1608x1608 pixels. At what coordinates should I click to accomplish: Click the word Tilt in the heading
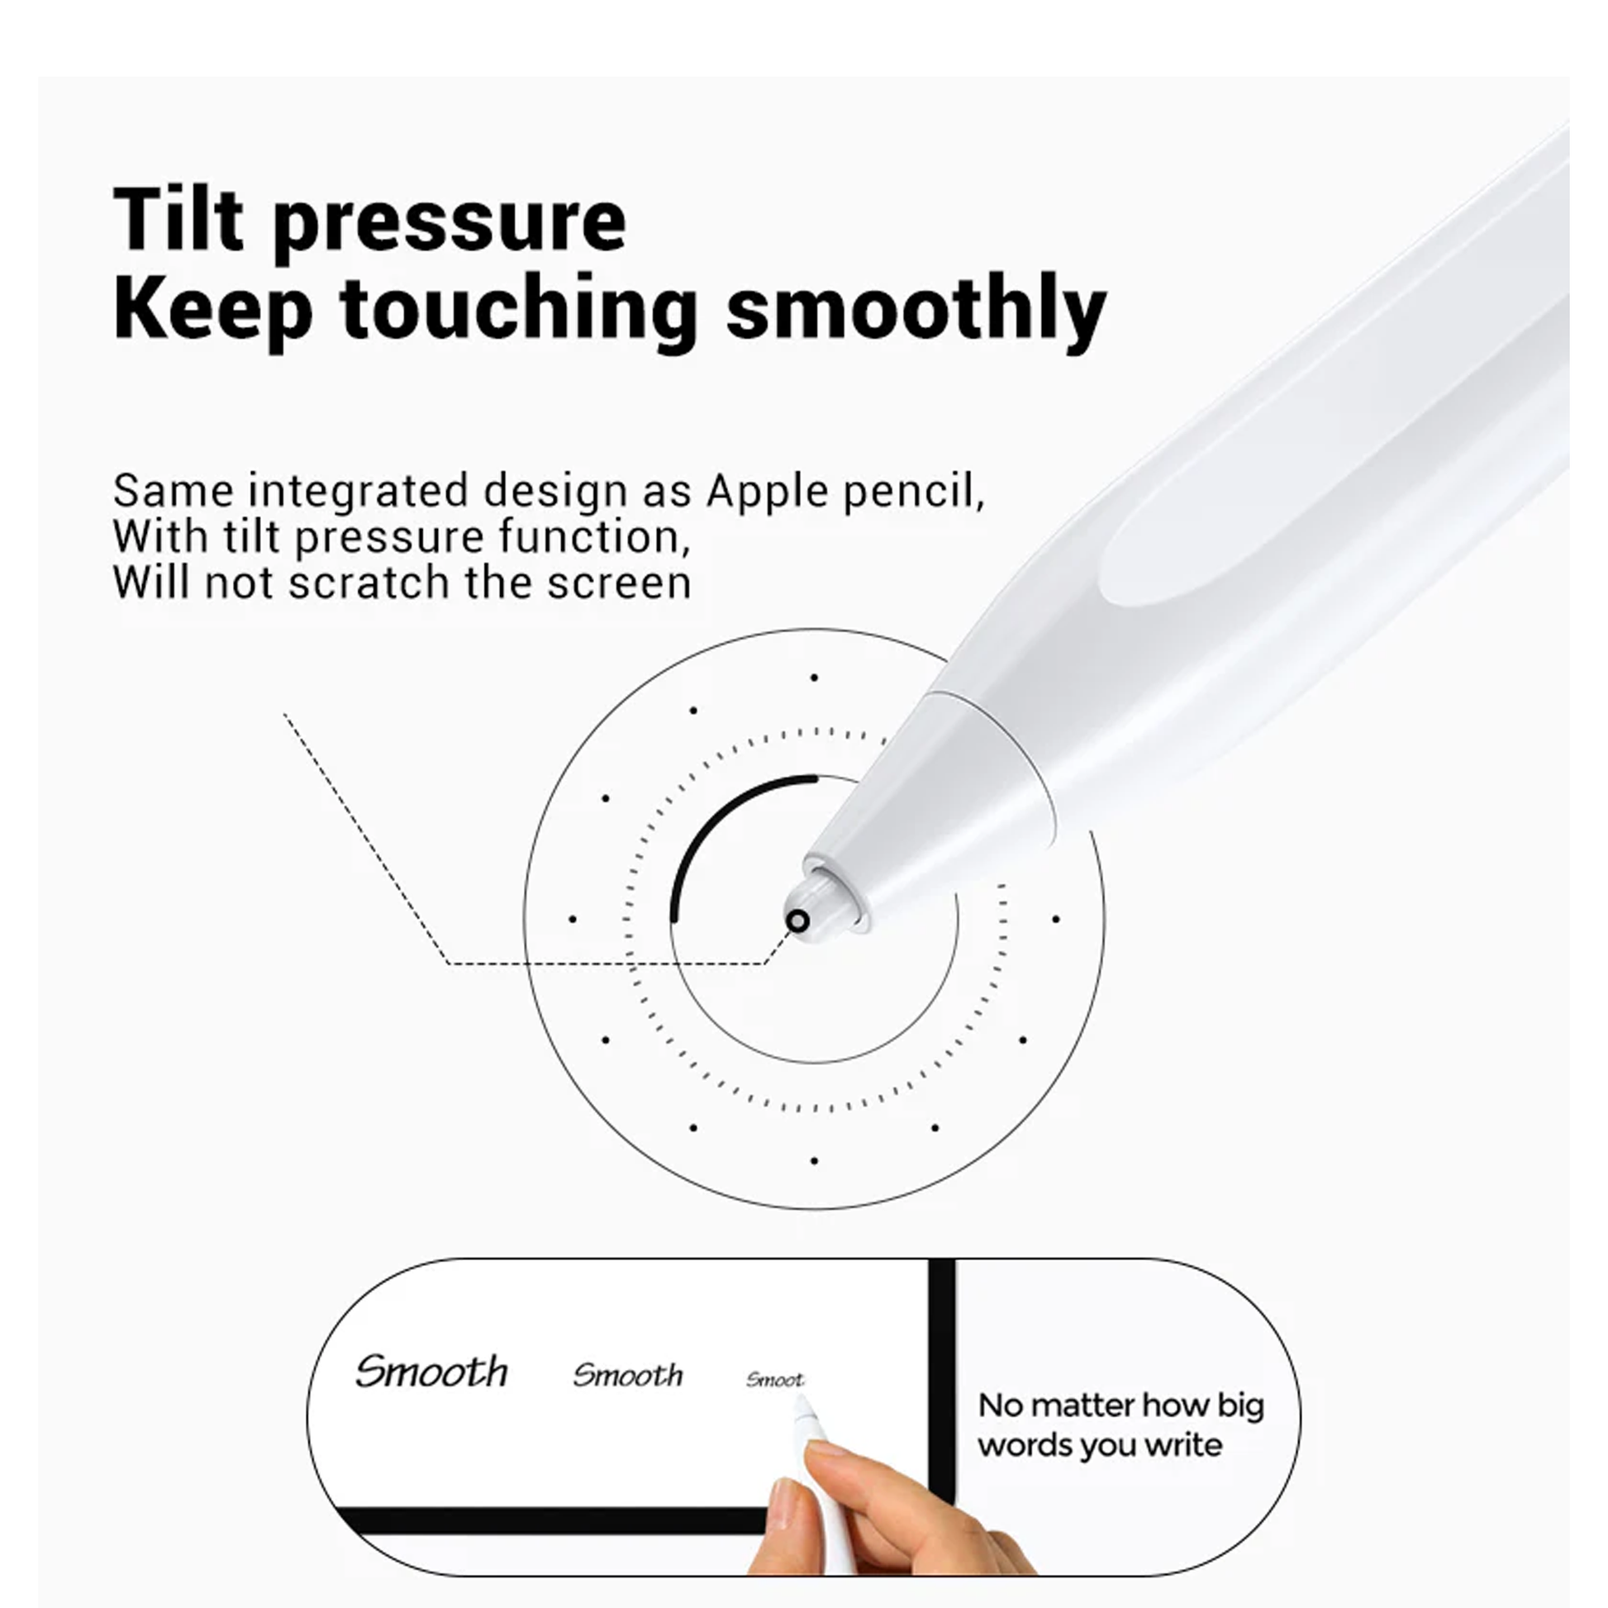[179, 219]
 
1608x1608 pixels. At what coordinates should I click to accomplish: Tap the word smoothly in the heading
[916, 313]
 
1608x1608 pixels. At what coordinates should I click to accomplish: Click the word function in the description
[595, 537]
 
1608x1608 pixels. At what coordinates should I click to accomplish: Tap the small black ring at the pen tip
[797, 921]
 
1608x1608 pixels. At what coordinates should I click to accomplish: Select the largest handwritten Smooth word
[431, 1372]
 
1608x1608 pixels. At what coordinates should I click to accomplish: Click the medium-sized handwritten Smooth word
[627, 1375]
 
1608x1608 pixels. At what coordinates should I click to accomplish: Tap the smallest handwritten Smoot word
[774, 1380]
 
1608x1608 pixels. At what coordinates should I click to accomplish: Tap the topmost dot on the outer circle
[814, 678]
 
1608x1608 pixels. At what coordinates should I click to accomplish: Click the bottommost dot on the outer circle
[814, 1160]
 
